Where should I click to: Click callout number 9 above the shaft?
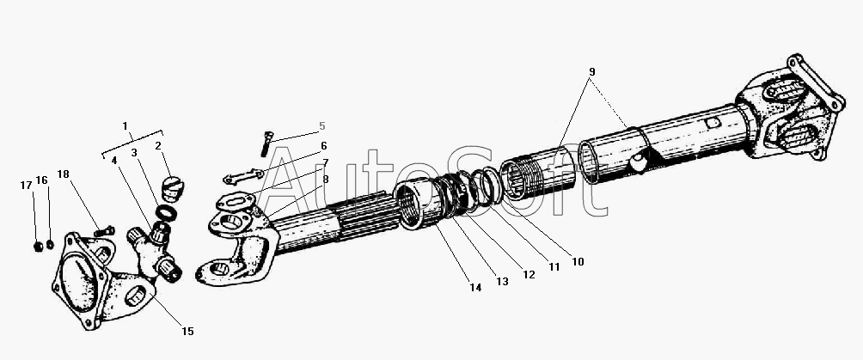pyautogui.click(x=591, y=71)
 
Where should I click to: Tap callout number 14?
pyautogui.click(x=475, y=287)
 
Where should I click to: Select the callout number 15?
pyautogui.click(x=187, y=332)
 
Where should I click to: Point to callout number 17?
pyautogui.click(x=26, y=186)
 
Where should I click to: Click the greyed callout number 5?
pyautogui.click(x=322, y=126)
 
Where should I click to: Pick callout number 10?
pyautogui.click(x=578, y=262)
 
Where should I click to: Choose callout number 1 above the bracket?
pyautogui.click(x=125, y=126)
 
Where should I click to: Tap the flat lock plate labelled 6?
pyautogui.click(x=243, y=177)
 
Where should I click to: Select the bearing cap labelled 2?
pyautogui.click(x=174, y=189)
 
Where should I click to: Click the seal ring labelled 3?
pyautogui.click(x=166, y=212)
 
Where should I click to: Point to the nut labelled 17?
pyautogui.click(x=39, y=246)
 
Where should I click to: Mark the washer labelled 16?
pyautogui.click(x=50, y=244)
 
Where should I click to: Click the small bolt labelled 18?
pyautogui.click(x=104, y=231)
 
